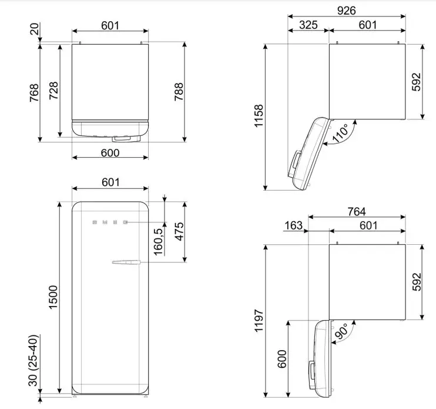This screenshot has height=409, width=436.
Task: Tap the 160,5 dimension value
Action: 157,235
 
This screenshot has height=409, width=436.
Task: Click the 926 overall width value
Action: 346,10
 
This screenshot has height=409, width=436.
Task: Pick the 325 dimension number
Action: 308,25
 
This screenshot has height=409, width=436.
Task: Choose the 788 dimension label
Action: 179,91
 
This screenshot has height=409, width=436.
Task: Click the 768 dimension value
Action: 33,93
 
